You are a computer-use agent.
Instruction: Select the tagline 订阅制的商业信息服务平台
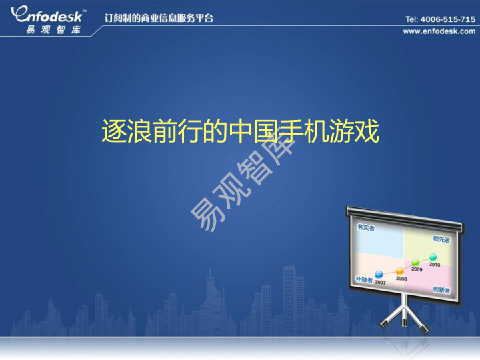[159, 18]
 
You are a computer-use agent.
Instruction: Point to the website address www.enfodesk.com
[439, 31]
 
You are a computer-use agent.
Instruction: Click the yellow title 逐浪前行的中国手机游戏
[240, 132]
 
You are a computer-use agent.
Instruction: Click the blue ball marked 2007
[379, 274]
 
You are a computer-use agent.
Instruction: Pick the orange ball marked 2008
[400, 271]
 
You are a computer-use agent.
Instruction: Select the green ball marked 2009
[415, 262]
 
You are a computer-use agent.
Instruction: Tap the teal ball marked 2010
[433, 257]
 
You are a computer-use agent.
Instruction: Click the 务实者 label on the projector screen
[366, 229]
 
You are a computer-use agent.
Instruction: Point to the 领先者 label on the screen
[441, 239]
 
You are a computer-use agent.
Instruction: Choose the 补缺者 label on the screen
[364, 279]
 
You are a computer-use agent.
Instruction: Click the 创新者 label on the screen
[441, 290]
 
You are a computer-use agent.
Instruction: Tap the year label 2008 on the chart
[401, 279]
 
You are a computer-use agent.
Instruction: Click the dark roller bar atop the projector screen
[404, 213]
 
